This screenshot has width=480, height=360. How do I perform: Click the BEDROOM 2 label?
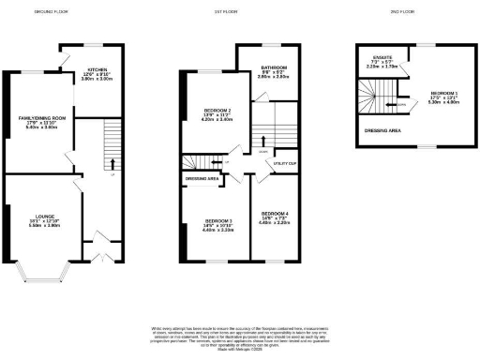217,110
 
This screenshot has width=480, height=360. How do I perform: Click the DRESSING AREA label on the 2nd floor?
382,130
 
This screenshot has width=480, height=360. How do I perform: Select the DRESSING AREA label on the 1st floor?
202,178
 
